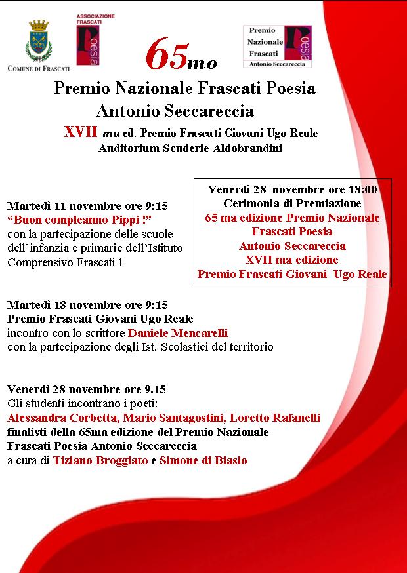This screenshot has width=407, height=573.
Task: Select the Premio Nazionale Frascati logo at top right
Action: pos(277,46)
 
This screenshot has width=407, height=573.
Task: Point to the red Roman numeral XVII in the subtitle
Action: pos(81,133)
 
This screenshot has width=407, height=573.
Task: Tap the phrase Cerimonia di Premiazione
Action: pos(292,204)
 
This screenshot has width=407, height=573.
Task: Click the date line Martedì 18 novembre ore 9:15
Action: pos(88,305)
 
